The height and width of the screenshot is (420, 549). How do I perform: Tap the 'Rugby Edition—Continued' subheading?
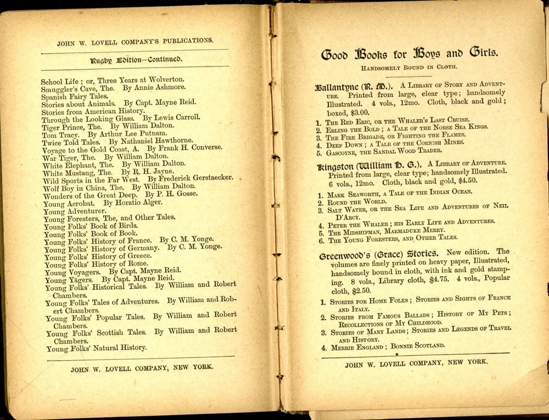coord(136,59)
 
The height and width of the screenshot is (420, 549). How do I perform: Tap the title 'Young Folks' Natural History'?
coord(96,348)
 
